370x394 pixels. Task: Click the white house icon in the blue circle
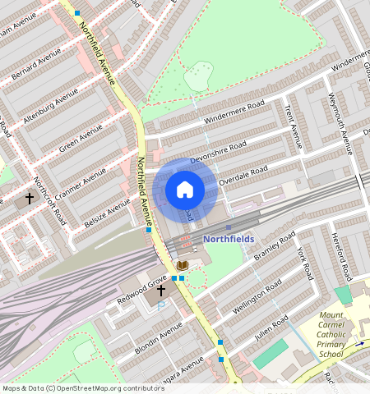pyautogui.click(x=185, y=190)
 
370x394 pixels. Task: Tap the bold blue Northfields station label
pyautogui.click(x=229, y=239)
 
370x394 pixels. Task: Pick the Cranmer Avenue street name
pyautogui.click(x=82, y=185)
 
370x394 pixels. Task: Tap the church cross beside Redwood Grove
pyautogui.click(x=161, y=291)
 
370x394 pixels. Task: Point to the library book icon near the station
pyautogui.click(x=183, y=264)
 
